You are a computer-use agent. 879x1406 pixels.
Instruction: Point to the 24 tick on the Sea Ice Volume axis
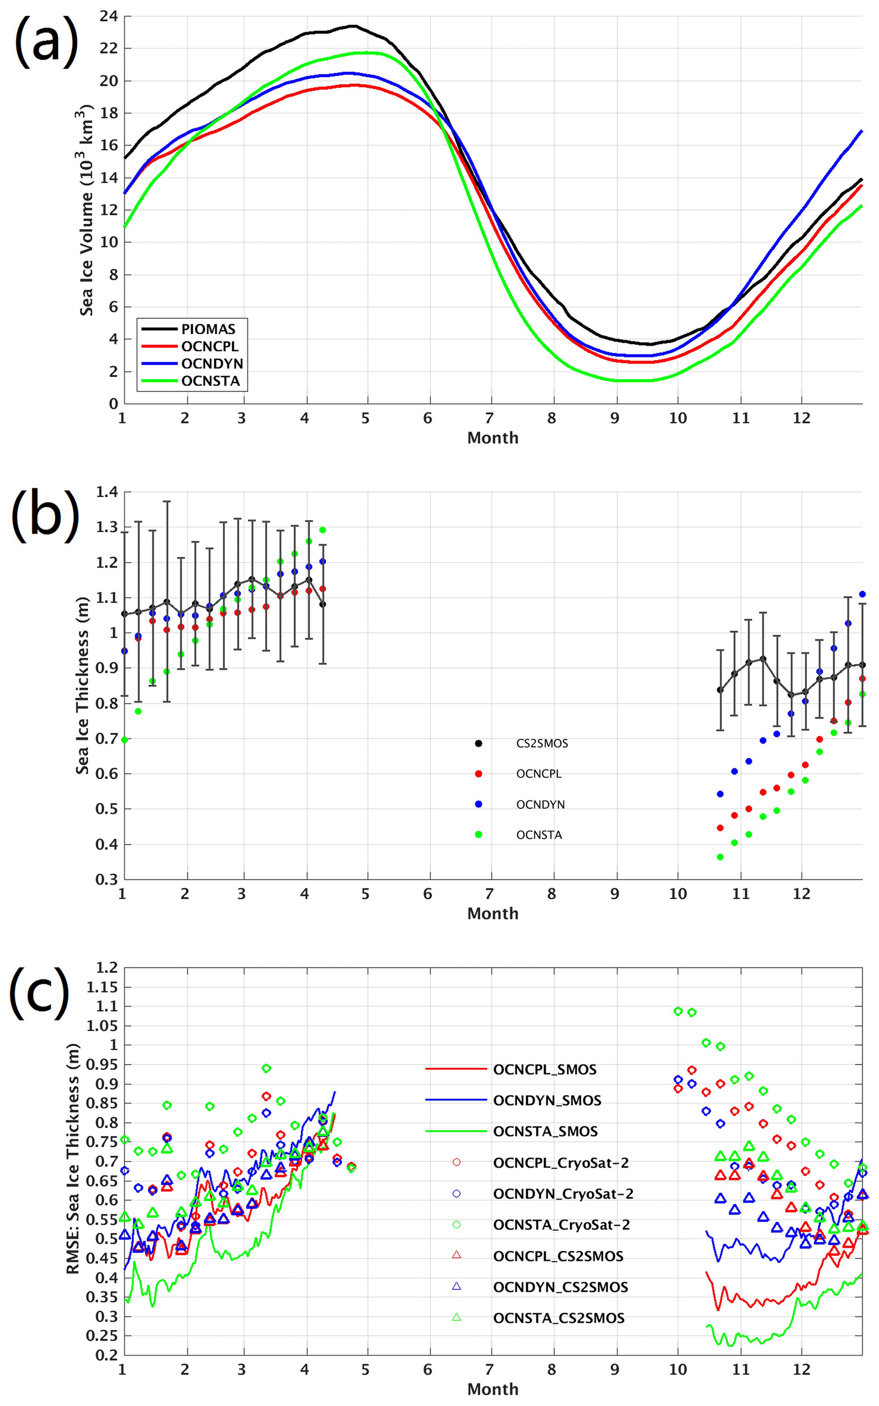[109, 16]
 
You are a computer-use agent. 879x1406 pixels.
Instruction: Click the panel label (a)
[46, 41]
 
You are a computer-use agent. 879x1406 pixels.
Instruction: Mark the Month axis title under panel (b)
[492, 914]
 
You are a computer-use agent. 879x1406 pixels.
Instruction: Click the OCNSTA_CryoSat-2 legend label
[561, 1225]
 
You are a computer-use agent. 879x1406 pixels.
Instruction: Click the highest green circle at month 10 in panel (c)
[678, 1011]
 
